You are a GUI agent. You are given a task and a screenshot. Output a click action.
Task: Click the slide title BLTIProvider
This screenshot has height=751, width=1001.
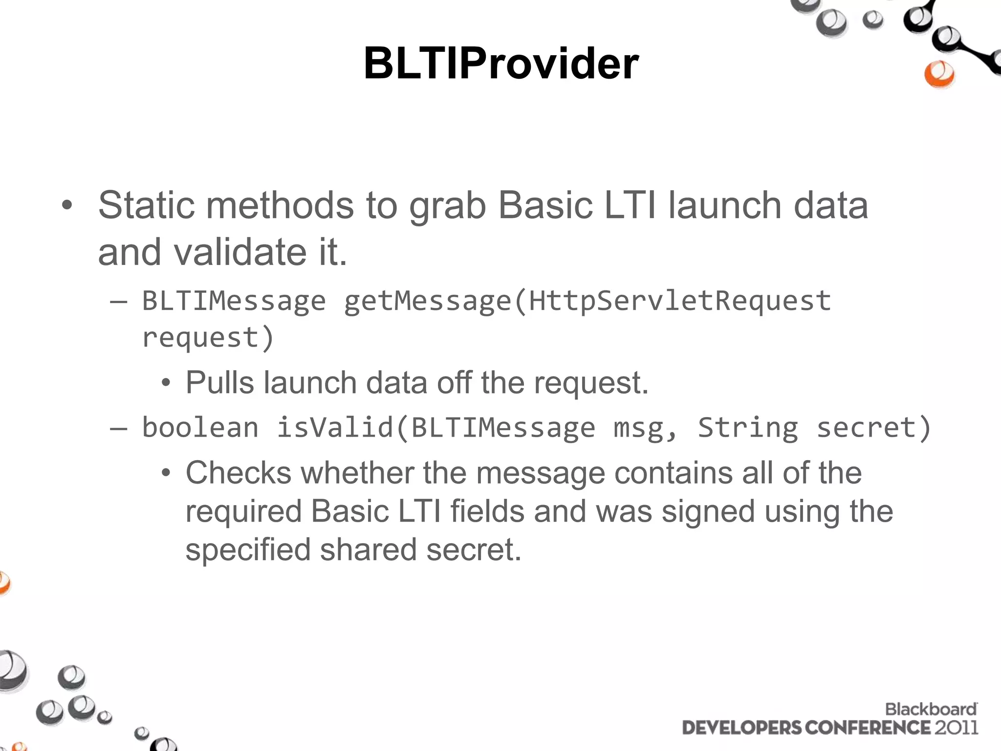click(x=501, y=64)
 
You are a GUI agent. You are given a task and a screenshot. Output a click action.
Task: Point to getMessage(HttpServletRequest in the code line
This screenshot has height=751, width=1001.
click(x=587, y=301)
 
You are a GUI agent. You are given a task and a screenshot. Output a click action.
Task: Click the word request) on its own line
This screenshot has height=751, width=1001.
click(x=208, y=338)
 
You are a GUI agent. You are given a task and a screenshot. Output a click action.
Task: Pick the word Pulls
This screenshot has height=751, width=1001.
click(x=219, y=382)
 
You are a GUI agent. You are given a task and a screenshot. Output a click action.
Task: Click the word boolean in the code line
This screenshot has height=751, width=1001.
click(x=200, y=428)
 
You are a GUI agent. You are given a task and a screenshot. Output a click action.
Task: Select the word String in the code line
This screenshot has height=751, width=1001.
click(x=747, y=428)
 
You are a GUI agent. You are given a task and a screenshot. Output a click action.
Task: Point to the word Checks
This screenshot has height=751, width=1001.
click(x=239, y=473)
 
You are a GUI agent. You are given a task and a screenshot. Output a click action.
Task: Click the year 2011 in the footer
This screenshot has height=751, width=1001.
click(x=957, y=728)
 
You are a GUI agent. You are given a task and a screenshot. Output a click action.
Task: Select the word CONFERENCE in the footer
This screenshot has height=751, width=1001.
click(x=868, y=728)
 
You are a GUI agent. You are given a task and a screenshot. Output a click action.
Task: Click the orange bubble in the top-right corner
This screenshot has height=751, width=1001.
click(x=939, y=74)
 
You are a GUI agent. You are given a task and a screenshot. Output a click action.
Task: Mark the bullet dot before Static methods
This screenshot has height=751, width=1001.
click(x=67, y=206)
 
